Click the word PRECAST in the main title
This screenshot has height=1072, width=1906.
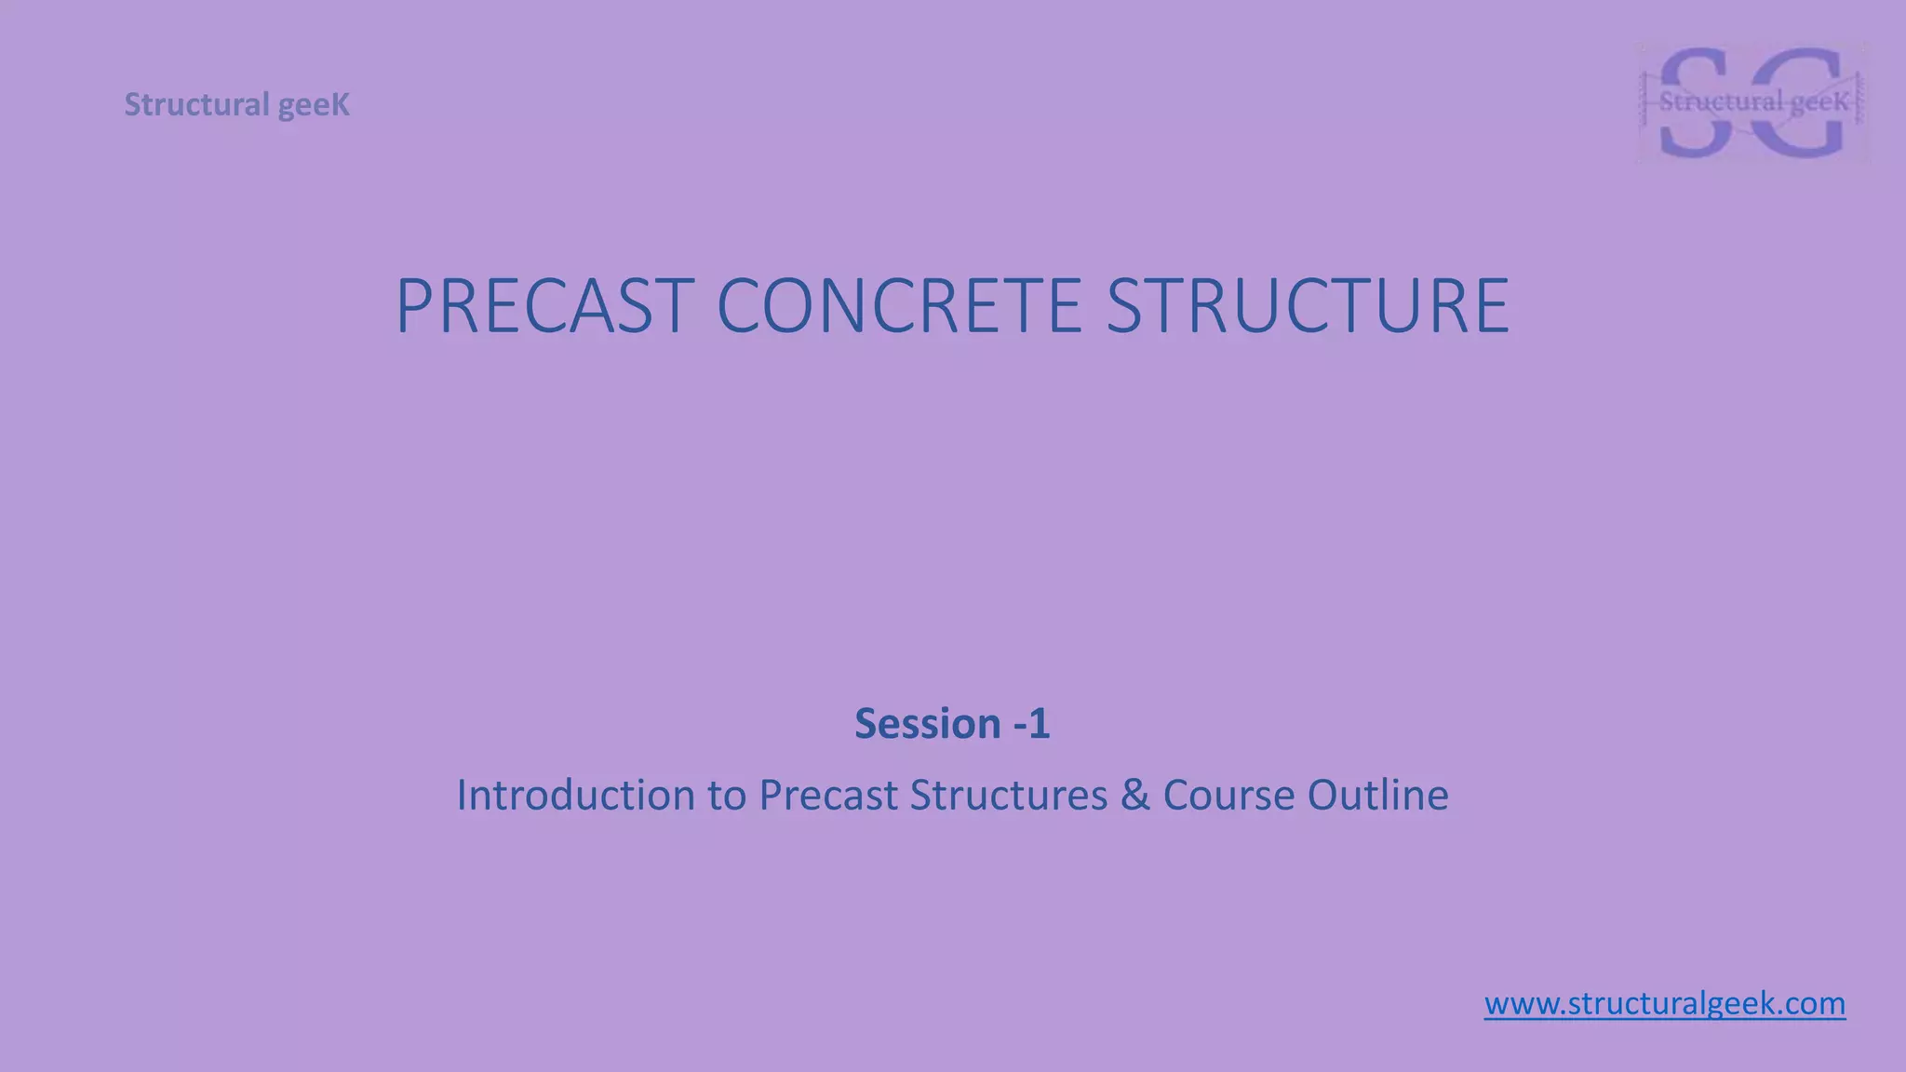544,306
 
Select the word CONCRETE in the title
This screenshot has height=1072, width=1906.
899,306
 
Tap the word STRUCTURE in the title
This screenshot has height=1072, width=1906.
1307,306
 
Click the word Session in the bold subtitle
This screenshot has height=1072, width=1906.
927,724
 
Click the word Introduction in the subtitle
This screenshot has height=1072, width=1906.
575,796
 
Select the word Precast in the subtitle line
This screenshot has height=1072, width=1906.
827,796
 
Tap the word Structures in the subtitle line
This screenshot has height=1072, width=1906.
1008,796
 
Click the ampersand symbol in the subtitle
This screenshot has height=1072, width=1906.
1135,796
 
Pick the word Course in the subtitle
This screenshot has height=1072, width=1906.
1228,796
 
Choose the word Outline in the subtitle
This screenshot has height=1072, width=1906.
1377,796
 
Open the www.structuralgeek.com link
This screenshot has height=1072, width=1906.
1664,1004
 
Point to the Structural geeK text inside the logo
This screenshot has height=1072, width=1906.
1752,102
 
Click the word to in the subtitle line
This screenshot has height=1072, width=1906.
726,796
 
